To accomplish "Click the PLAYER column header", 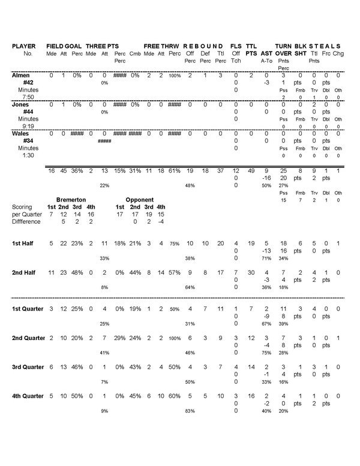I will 24,46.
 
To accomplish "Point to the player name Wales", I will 22,134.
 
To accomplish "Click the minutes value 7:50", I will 28,97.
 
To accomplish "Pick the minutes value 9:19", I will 28,126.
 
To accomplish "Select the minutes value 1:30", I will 28,155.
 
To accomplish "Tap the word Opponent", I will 140,199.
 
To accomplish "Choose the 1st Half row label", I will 25,243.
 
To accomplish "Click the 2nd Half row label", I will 26,273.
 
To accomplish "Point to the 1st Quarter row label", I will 29,309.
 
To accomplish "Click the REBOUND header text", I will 203,46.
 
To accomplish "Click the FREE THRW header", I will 162,46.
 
